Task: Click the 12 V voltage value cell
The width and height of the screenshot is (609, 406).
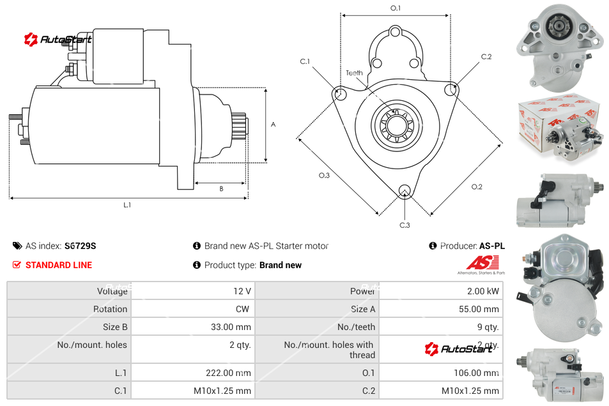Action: point(242,291)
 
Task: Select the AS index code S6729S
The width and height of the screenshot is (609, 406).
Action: point(81,246)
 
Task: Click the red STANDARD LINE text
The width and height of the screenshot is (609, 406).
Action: point(59,265)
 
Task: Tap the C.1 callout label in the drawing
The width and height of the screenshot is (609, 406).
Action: point(305,61)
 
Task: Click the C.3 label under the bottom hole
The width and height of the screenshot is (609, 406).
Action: point(405,225)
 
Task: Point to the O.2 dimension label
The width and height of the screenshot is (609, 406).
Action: point(477,186)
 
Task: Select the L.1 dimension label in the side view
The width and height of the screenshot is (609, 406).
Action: point(127,205)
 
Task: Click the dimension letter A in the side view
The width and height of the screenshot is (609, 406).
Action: point(274,124)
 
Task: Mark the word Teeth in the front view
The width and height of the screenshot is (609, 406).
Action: point(354,73)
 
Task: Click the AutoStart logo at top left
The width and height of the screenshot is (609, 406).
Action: point(58,40)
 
